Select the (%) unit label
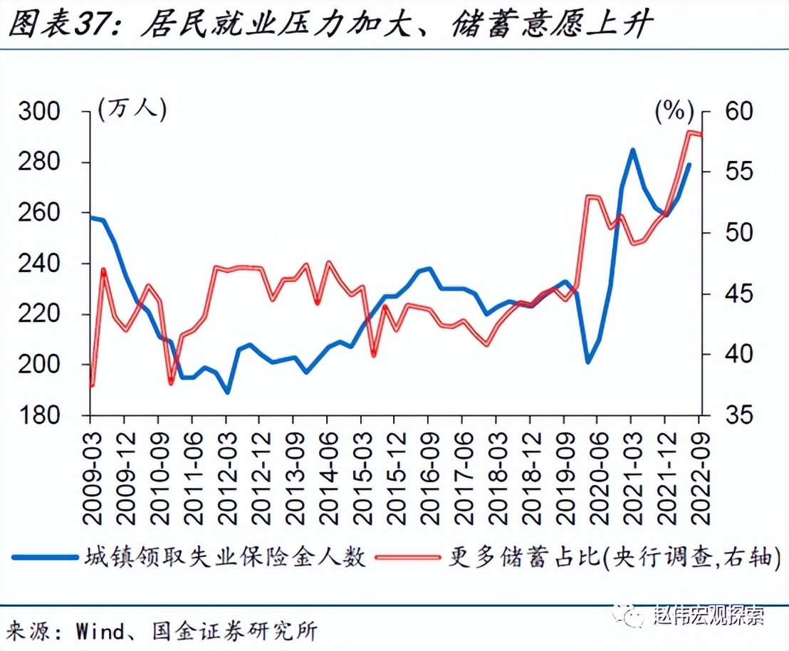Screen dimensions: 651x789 point(674,110)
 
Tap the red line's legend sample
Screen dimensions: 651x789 point(408,556)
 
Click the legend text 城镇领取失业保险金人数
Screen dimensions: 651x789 point(226,556)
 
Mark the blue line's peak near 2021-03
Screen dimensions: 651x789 point(632,150)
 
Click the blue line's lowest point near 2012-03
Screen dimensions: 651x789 point(227,392)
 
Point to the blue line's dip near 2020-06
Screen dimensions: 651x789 point(588,362)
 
